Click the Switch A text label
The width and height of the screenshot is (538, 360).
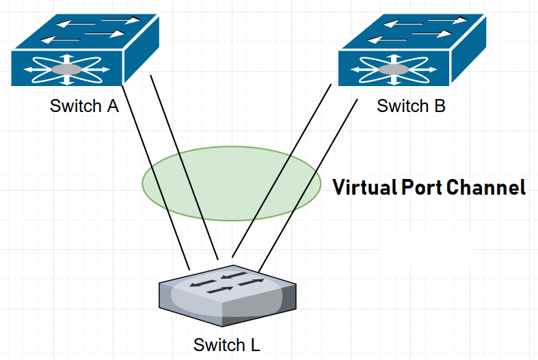click(x=84, y=107)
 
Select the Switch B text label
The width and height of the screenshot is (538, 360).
click(x=411, y=107)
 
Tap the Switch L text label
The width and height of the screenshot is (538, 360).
click(x=226, y=344)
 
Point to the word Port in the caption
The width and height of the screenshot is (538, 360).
click(x=424, y=188)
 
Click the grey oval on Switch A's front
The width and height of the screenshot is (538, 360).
click(x=66, y=69)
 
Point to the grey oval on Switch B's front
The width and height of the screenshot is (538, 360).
click(x=394, y=69)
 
